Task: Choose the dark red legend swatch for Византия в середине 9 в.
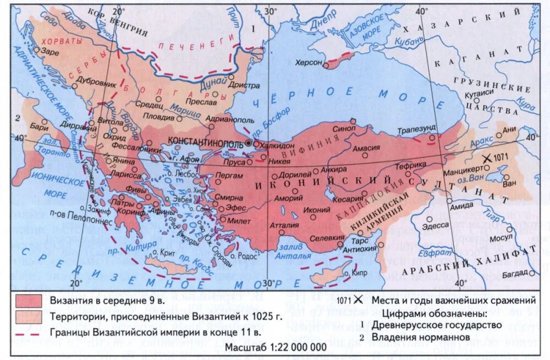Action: [29, 301]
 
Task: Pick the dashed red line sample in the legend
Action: [29, 332]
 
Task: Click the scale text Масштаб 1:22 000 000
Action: [274, 347]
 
